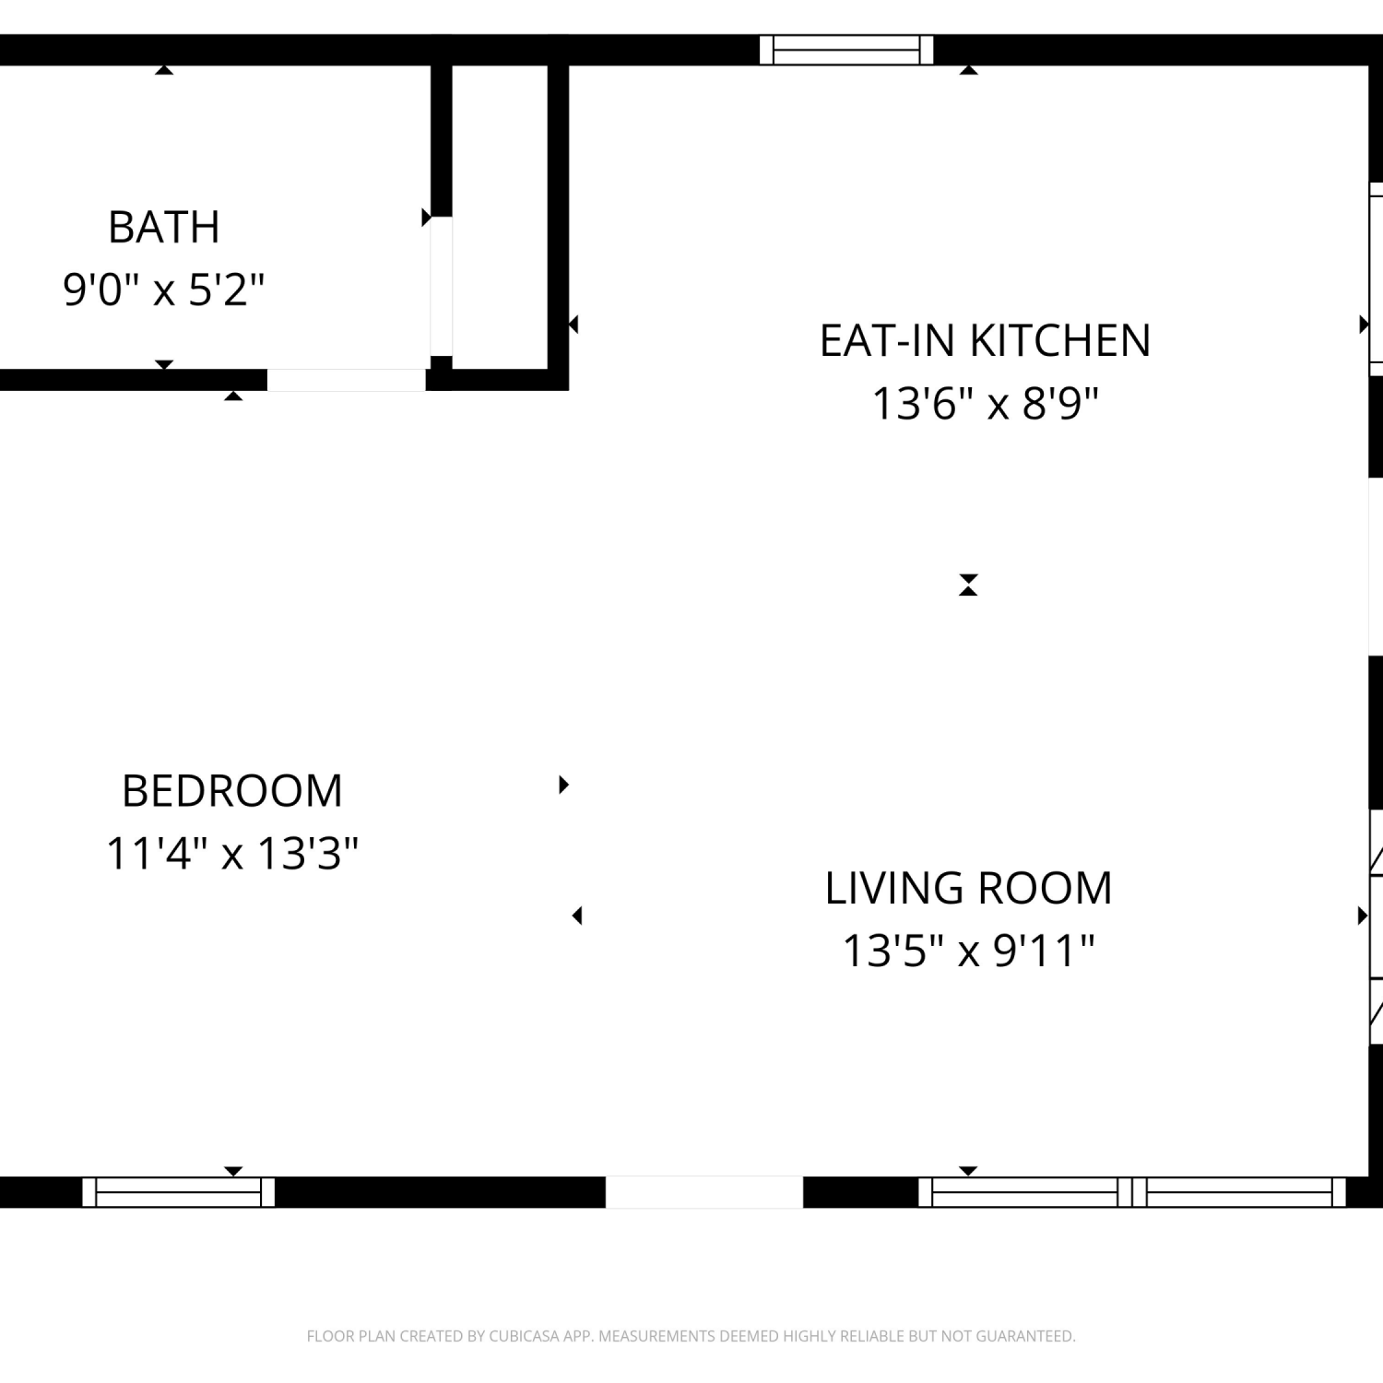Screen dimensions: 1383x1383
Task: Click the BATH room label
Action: [x=164, y=228]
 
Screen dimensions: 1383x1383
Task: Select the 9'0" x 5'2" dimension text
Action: [x=164, y=290]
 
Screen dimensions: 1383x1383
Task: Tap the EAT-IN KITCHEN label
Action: [x=986, y=341]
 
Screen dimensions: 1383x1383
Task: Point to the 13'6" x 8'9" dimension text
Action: [x=986, y=404]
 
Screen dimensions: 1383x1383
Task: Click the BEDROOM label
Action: [x=232, y=791]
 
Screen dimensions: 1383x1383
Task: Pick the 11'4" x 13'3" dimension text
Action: [x=232, y=854]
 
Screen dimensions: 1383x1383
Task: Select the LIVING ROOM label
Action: [x=969, y=889]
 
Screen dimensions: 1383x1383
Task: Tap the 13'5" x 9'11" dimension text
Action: [x=969, y=951]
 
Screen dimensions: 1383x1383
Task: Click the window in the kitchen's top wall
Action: [x=846, y=50]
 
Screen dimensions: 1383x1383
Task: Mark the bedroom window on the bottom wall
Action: [x=179, y=1192]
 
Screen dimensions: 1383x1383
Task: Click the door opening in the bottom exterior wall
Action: [x=704, y=1192]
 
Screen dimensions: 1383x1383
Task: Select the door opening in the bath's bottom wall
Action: [x=347, y=380]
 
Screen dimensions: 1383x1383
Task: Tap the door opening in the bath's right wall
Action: [x=442, y=286]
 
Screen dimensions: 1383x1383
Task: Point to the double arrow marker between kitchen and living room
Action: [x=968, y=585]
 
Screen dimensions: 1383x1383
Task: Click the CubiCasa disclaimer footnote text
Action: [x=691, y=1336]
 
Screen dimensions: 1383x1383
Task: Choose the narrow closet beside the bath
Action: [x=500, y=217]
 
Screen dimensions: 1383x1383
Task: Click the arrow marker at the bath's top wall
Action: [x=164, y=69]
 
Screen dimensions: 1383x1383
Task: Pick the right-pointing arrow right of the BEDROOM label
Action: [x=563, y=785]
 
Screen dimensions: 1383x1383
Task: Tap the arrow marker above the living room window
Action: [x=968, y=1171]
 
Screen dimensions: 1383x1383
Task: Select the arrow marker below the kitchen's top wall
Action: [x=968, y=69]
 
